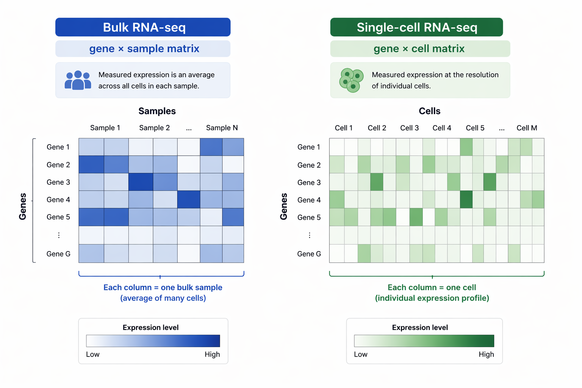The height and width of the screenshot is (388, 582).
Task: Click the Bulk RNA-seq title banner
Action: [143, 27]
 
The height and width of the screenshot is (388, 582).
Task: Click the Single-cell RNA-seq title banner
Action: [416, 27]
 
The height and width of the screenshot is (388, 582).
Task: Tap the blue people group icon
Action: [78, 80]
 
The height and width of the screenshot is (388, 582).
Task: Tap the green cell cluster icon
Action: [351, 80]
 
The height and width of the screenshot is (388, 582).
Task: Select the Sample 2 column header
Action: [154, 128]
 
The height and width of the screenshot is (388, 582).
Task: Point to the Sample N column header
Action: [222, 128]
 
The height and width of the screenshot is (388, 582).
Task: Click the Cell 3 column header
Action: [409, 128]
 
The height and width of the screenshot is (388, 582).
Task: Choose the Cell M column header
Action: [527, 128]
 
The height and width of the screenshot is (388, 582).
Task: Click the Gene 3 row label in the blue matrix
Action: [58, 182]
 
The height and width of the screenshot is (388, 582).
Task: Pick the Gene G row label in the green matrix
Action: [309, 254]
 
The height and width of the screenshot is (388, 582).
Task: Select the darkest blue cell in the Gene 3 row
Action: [141, 182]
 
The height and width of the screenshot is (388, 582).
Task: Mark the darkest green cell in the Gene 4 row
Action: [466, 200]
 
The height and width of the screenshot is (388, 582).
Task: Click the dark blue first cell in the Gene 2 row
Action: [91, 164]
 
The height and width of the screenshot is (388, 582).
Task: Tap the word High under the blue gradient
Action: [212, 354]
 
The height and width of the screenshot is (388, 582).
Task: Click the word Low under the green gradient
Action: [360, 354]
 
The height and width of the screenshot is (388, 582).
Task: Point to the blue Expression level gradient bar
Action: [153, 341]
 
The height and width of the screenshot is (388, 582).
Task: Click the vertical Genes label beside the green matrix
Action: [284, 207]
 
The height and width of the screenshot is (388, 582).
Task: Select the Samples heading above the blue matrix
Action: [157, 111]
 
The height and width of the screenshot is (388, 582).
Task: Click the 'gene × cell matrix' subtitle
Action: [419, 49]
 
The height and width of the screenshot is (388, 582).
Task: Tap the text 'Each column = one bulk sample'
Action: [163, 288]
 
